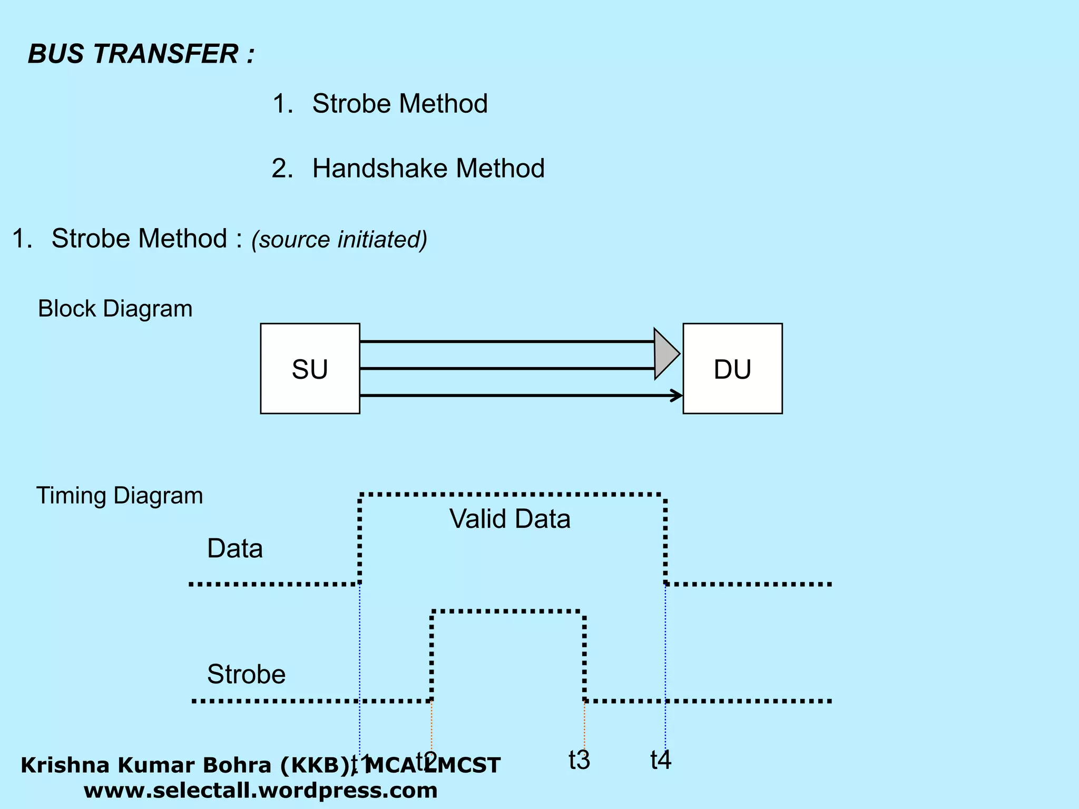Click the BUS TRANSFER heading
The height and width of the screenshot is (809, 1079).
point(141,54)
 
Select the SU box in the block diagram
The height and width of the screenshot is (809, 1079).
point(310,369)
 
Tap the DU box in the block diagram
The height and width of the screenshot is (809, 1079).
point(732,369)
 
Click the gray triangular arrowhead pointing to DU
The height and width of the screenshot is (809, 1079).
point(665,354)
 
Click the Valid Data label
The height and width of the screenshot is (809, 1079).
point(509,519)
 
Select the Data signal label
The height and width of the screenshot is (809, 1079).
point(234,548)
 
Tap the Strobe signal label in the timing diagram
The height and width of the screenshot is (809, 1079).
point(246,674)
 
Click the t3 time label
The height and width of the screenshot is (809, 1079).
point(579,760)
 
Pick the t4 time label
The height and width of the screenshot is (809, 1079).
point(661,760)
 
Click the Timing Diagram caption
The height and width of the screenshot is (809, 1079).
point(119,496)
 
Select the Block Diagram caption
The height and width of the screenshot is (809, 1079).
point(115,309)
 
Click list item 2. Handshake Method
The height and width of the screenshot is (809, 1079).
point(408,169)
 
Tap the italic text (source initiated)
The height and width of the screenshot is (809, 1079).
point(339,240)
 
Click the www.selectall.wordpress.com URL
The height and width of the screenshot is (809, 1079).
point(260,791)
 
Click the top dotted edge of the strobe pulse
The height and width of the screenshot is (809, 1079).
point(507,611)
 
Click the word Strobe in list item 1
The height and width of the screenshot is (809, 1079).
point(349,104)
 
